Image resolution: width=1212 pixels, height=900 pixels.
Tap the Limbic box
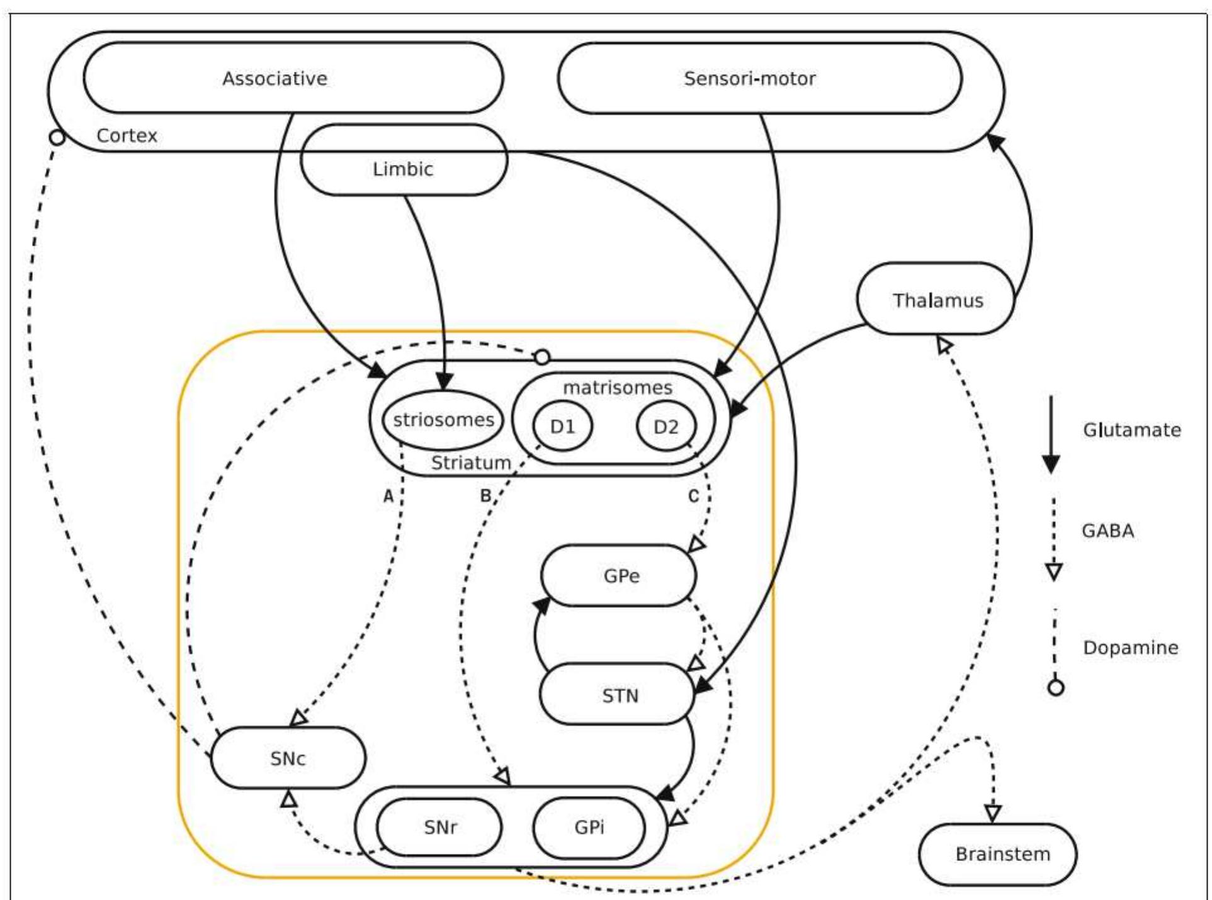point(404,168)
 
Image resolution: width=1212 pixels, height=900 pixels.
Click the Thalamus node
point(936,300)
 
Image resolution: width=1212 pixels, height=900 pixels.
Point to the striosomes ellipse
point(443,420)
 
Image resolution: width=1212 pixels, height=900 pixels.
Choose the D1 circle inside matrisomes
point(563,427)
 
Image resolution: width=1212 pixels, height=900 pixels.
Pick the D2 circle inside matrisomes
point(666,427)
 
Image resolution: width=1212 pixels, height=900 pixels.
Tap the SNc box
point(288,758)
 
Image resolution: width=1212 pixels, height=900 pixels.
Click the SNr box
point(439,827)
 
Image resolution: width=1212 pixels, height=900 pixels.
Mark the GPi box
point(589,827)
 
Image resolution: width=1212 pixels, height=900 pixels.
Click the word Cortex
point(127,135)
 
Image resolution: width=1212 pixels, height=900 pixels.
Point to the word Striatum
point(471,463)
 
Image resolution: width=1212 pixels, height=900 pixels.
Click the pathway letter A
point(388,497)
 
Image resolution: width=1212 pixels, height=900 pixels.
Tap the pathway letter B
point(485,496)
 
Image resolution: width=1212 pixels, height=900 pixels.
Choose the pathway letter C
point(693,497)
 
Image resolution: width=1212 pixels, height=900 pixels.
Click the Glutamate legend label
point(1131,430)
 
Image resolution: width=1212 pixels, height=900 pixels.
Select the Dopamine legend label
point(1130,648)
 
